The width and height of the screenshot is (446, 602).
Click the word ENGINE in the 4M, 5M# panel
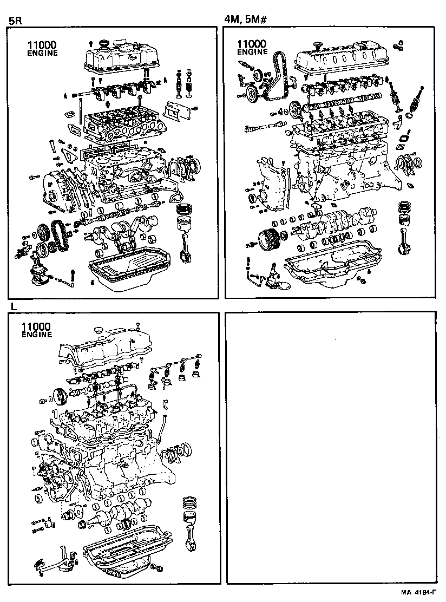tap(253, 52)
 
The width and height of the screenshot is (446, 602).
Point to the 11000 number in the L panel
tap(36, 326)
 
